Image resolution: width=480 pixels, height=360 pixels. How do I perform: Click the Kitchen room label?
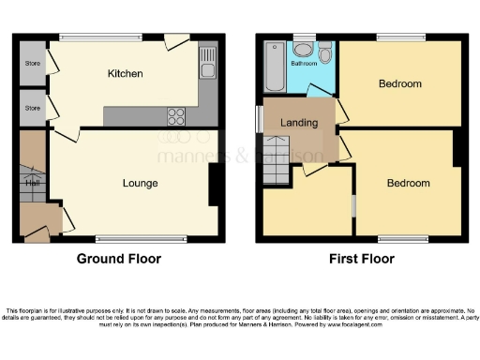point(126,73)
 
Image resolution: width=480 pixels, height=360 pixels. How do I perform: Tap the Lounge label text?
point(140,183)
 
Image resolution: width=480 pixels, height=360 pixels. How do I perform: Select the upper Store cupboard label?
point(33,64)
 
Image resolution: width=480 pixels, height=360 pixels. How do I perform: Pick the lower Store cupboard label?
point(33,108)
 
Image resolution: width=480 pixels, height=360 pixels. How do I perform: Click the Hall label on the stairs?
point(32,183)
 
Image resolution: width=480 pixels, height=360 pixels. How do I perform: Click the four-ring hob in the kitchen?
point(175,116)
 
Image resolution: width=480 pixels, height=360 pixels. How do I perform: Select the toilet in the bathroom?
point(325,54)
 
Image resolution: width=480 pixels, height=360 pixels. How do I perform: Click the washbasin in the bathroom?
point(303,47)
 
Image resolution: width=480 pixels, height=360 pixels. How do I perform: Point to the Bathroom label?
point(303,65)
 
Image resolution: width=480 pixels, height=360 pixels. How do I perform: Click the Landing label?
point(299,123)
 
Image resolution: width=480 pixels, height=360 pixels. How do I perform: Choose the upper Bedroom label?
point(400,84)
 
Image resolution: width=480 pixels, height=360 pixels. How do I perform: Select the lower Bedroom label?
point(408,183)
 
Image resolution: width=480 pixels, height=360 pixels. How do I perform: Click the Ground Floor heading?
point(118,259)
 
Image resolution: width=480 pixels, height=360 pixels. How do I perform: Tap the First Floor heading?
point(361,259)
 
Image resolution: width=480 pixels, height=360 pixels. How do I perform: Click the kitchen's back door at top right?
point(175,41)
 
